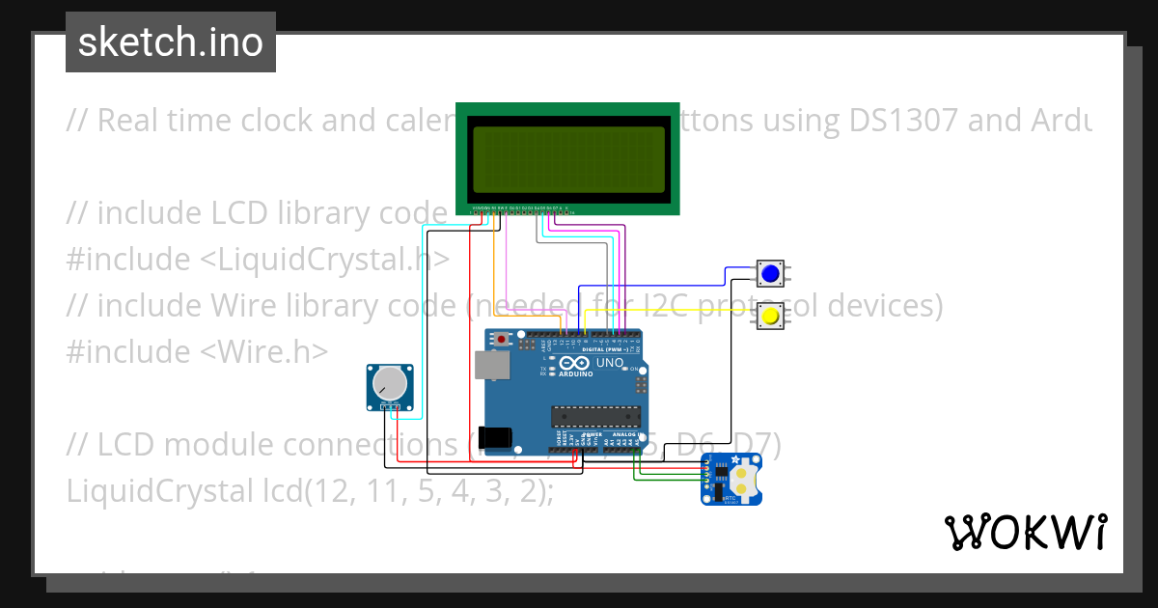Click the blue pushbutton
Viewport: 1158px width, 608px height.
coord(770,275)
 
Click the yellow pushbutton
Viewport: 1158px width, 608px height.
coord(770,315)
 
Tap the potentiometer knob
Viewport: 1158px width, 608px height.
coord(390,385)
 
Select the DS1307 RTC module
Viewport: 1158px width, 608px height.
coord(731,479)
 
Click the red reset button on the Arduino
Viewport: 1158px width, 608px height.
coord(502,340)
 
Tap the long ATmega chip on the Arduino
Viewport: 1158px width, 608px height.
coord(595,416)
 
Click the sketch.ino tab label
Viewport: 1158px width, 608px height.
coord(171,42)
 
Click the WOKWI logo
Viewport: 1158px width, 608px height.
coord(1025,532)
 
